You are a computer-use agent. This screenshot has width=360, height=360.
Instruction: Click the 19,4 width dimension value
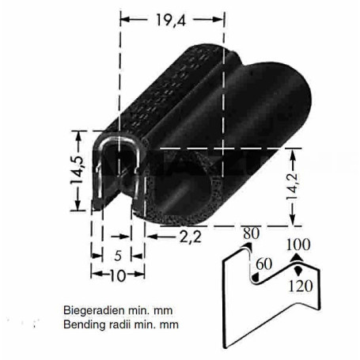point(171,20)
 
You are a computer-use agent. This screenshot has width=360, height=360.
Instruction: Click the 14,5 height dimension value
point(77,170)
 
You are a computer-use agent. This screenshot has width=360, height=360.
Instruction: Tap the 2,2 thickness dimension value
point(191,237)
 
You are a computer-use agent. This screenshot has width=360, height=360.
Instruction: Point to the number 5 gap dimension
point(118,256)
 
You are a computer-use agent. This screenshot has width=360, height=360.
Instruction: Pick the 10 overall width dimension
point(118,275)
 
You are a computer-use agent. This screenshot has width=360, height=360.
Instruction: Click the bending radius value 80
point(251,233)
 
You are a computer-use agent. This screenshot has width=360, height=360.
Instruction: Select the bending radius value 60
point(263,264)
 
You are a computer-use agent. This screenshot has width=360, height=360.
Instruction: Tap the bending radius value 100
point(298,244)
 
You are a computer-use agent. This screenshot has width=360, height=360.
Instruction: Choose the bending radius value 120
point(301,286)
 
